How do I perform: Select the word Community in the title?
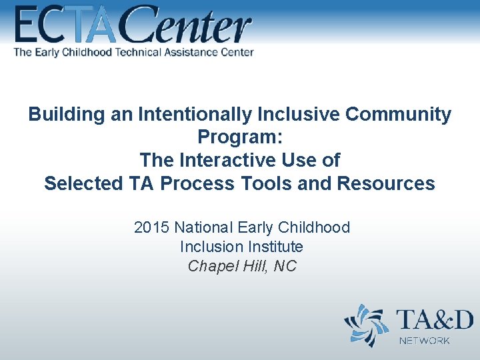point(398,115)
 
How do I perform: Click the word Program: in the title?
point(240,137)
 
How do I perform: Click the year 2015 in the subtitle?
point(152,227)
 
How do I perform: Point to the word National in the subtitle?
point(203,227)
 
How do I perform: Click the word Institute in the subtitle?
point(273,247)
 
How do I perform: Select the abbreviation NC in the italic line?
point(285,266)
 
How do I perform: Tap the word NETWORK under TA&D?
point(425,341)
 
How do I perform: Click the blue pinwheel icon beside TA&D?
point(366,325)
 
